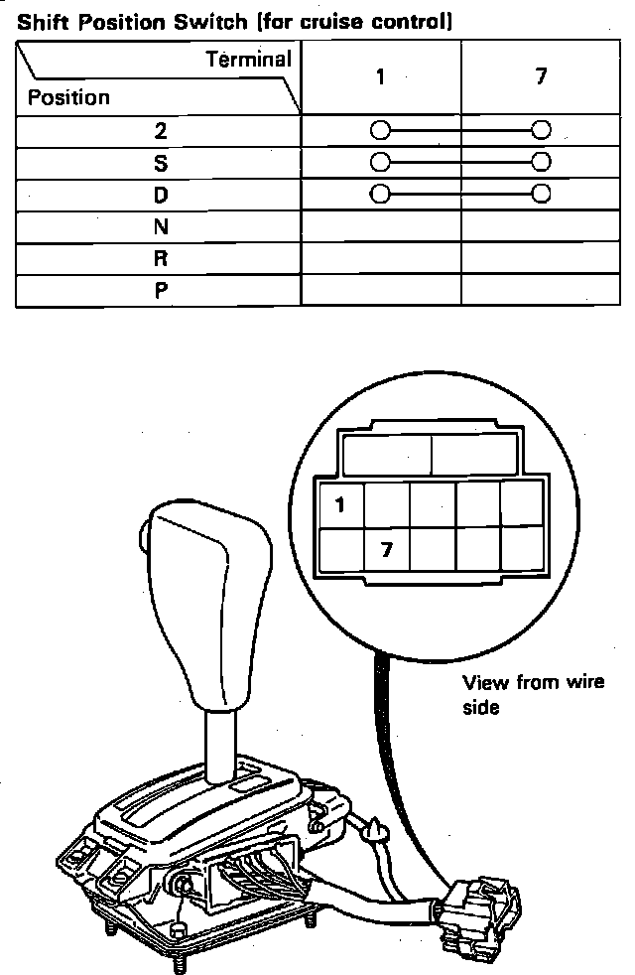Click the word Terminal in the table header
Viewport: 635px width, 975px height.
point(249,60)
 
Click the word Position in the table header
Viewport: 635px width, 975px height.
point(68,97)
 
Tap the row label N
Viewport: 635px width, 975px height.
point(161,227)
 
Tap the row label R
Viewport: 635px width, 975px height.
point(161,259)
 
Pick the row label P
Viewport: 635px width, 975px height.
point(161,291)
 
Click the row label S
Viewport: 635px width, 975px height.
point(161,162)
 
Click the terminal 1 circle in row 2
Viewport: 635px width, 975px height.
point(378,130)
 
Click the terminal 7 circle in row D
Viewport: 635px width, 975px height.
point(541,194)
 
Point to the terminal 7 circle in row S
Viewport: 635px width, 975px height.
point(541,162)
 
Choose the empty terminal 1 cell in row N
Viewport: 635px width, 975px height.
point(380,227)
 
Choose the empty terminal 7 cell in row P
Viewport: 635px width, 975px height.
point(541,291)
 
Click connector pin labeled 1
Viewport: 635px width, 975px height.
point(340,504)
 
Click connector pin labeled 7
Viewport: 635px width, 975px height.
point(387,549)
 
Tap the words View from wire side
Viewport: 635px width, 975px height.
point(533,694)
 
